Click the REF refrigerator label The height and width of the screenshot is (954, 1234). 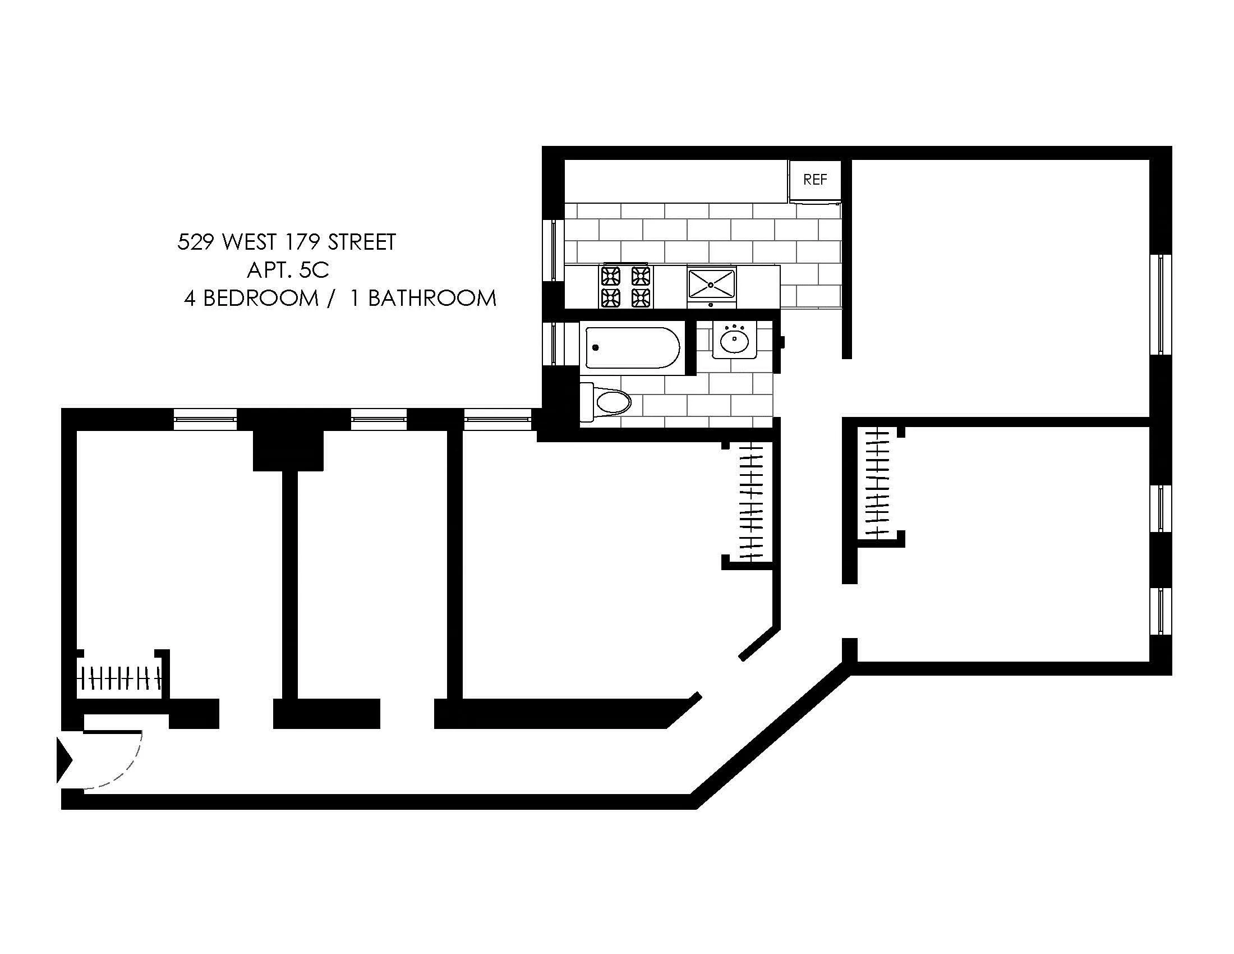tap(815, 180)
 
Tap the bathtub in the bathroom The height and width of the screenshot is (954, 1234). tap(632, 347)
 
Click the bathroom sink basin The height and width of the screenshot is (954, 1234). tap(734, 339)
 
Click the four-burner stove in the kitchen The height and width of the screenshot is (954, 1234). tap(625, 287)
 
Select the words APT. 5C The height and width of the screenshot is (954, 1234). tap(288, 270)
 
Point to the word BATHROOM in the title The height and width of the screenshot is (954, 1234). tap(432, 299)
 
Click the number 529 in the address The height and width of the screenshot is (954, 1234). tap(196, 242)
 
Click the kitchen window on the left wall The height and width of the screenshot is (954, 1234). tap(554, 250)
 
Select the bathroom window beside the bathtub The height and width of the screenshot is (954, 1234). tap(554, 343)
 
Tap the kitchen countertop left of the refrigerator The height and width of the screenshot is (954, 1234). tap(676, 181)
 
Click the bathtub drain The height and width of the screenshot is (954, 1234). tap(595, 347)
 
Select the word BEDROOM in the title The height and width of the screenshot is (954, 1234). tap(260, 299)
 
